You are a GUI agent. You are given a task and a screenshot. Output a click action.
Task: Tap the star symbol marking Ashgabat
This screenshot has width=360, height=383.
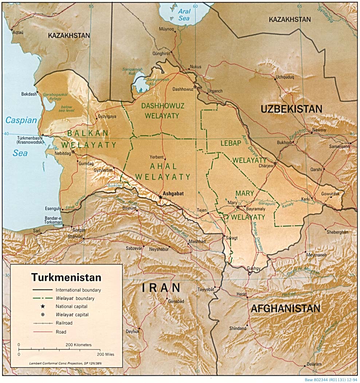tap(160, 197)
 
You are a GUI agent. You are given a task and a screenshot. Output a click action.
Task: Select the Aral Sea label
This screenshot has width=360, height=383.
tap(184, 15)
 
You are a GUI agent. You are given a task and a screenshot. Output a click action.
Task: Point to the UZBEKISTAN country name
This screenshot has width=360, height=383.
tap(291, 109)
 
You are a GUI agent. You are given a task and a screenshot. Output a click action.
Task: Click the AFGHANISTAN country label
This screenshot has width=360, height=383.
tap(285, 308)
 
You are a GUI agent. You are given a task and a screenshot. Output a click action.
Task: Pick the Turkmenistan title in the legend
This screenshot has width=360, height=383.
tap(66, 277)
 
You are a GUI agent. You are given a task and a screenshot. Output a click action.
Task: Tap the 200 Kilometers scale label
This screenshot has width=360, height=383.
tap(78, 345)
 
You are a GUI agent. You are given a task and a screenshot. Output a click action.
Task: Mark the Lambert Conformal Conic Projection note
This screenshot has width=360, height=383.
tap(66, 364)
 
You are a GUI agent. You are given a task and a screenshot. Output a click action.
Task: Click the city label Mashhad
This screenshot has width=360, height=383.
tap(197, 241)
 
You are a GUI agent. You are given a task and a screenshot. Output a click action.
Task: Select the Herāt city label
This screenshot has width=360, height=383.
tap(242, 294)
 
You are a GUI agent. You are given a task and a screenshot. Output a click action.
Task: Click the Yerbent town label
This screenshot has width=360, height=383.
tap(157, 157)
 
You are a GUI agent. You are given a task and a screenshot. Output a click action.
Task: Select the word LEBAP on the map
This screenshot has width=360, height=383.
tap(231, 143)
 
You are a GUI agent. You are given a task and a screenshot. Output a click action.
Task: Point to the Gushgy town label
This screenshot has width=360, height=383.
tap(254, 268)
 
